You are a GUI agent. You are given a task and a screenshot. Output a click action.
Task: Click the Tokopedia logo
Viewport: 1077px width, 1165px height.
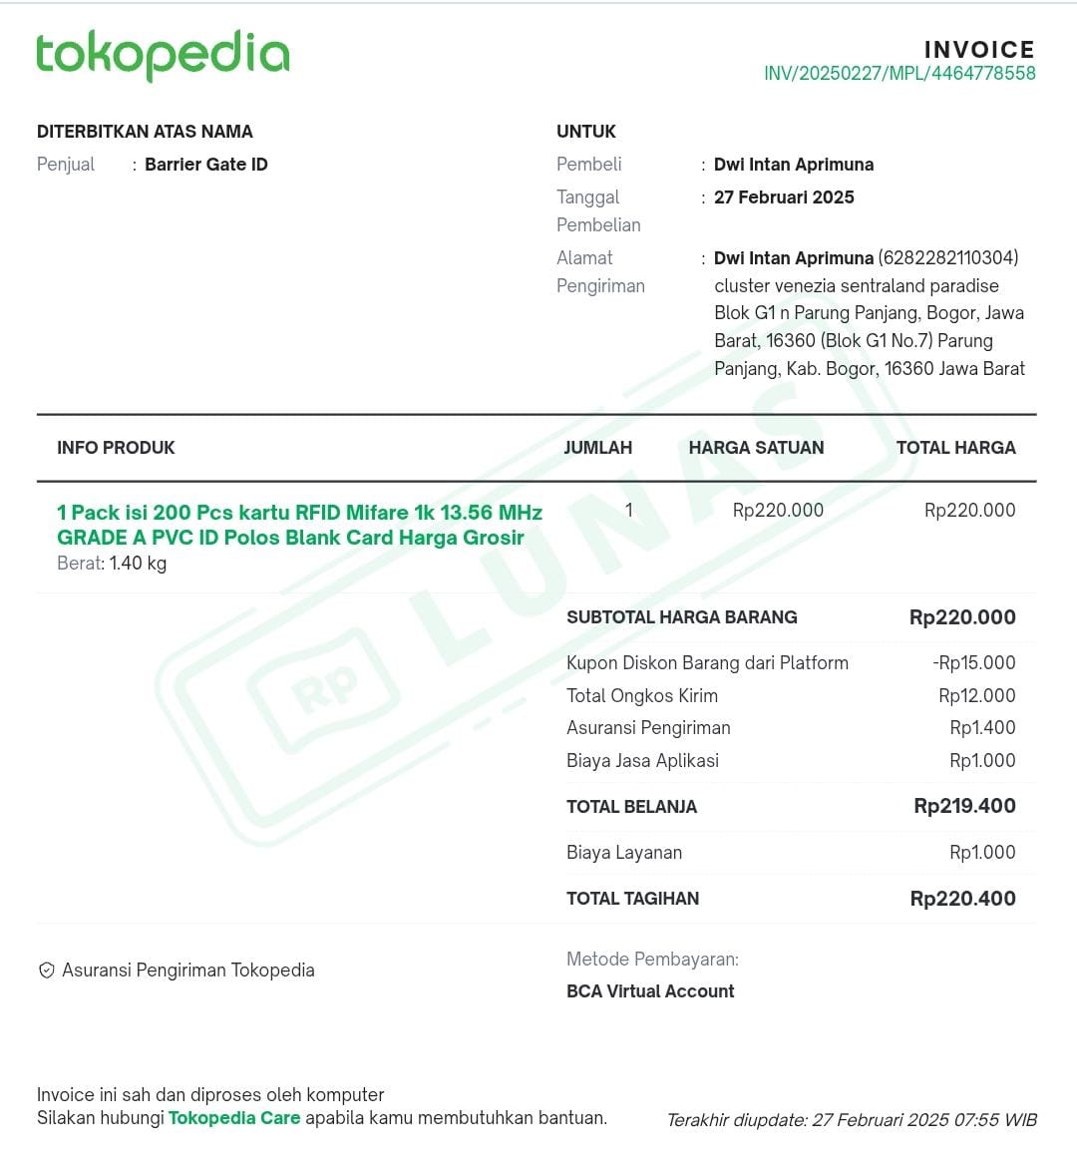[x=163, y=55]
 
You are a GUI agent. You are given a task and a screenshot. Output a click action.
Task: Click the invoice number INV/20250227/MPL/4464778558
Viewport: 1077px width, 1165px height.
[x=898, y=74]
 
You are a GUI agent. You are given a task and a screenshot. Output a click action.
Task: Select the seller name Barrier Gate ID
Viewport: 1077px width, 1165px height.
[x=205, y=165]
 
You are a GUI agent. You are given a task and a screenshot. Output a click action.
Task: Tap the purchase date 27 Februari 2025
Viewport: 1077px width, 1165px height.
[x=784, y=197]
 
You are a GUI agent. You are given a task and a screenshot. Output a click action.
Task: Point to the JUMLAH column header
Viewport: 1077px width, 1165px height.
[x=597, y=448]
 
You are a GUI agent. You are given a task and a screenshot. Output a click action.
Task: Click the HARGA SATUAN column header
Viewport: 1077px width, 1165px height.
[x=756, y=448]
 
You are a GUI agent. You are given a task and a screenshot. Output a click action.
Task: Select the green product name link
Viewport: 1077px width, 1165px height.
[x=299, y=525]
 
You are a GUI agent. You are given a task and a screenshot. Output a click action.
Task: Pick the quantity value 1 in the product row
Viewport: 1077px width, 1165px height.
[x=628, y=511]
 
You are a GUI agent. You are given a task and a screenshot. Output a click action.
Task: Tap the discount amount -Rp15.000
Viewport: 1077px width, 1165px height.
[x=973, y=663]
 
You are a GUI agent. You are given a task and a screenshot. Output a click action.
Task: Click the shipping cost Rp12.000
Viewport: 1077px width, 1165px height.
[x=976, y=696]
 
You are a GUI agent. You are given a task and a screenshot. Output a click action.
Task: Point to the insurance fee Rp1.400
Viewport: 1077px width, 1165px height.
[x=982, y=728]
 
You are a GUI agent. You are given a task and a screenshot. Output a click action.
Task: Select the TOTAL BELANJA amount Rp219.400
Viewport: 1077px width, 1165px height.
[x=964, y=806]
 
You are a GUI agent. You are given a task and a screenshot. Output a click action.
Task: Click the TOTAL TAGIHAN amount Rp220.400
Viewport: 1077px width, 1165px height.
[x=962, y=899]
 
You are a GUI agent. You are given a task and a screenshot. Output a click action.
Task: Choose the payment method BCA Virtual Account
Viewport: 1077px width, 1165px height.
[x=650, y=991]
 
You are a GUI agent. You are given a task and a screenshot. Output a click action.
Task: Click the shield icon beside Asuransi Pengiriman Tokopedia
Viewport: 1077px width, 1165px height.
[x=46, y=971]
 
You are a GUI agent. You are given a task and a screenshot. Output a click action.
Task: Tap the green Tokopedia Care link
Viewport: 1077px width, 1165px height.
[x=234, y=1118]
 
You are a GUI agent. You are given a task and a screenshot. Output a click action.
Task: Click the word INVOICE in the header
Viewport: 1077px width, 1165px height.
[x=979, y=50]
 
